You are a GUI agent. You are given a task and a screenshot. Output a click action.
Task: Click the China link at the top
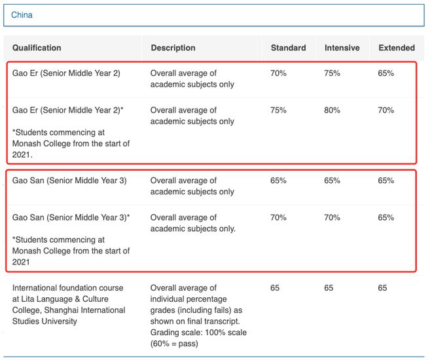pos(22,14)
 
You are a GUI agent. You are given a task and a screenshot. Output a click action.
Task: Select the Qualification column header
pos(37,48)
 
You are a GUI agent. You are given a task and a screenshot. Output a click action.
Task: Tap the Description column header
pos(173,48)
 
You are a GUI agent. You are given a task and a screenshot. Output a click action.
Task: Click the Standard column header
pos(288,48)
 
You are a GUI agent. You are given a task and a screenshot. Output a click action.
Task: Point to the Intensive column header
pos(342,48)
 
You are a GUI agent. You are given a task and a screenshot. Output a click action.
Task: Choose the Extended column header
pos(397,48)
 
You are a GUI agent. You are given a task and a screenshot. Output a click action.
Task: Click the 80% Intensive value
pos(332,110)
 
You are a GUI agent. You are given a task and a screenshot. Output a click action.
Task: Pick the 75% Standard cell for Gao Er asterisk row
pos(278,110)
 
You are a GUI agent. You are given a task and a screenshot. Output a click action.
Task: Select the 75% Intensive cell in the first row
pos(332,73)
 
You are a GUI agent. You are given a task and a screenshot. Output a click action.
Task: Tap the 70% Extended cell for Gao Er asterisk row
pos(386,110)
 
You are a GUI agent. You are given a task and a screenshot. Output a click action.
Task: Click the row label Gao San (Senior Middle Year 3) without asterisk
pos(69,181)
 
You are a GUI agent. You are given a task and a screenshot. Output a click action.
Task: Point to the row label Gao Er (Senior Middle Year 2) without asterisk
pos(66,73)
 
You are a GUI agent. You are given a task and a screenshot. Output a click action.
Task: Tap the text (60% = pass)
pos(174,344)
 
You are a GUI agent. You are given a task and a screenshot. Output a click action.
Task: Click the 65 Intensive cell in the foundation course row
pos(329,288)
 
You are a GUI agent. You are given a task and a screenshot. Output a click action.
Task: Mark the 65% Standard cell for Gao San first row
pos(278,181)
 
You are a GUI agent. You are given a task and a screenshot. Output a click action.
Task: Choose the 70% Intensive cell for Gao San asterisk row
pos(332,217)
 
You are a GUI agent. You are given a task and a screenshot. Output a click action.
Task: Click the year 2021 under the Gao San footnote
pos(21,262)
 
